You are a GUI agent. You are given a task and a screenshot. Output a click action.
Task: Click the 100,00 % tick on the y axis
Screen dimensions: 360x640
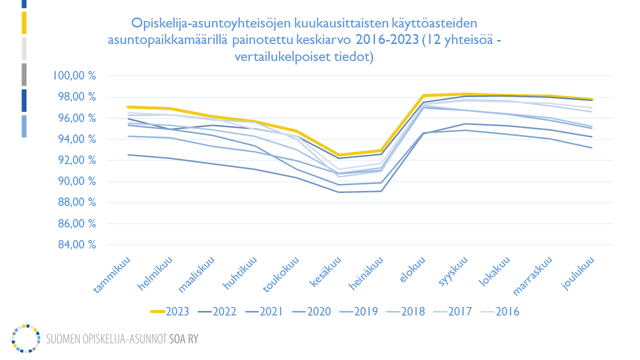click(74, 76)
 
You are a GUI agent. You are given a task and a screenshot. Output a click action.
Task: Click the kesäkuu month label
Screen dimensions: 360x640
click(328, 272)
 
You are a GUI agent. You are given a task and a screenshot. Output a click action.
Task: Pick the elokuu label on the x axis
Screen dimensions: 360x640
click(414, 270)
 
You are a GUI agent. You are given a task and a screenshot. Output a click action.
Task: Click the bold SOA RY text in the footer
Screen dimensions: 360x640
click(184, 339)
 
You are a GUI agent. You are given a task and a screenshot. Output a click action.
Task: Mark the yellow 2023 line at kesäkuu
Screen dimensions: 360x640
click(340, 155)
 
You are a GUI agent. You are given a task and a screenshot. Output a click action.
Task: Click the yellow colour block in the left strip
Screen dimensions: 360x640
click(24, 23)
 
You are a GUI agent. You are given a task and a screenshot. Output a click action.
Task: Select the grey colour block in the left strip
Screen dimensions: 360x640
click(24, 74)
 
